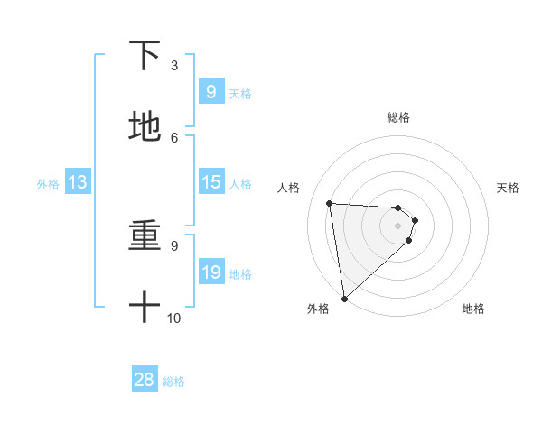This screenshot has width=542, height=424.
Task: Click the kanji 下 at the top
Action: tap(145, 57)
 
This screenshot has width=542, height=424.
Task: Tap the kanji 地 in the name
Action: tap(145, 127)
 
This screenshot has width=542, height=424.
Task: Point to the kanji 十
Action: tap(145, 308)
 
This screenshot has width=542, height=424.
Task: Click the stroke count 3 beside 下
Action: tap(174, 66)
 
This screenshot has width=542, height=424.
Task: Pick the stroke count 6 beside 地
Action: tap(174, 137)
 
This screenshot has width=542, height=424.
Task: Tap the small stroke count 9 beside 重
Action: tap(174, 245)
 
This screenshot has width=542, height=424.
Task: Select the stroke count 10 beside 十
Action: tap(174, 318)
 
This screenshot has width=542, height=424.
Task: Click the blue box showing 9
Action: tap(210, 92)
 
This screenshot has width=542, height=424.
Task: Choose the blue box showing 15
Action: tap(210, 182)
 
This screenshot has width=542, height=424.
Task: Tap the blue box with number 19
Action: tap(210, 272)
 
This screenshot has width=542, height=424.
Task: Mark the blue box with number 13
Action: tap(78, 182)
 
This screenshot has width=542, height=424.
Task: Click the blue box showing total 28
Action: tap(145, 380)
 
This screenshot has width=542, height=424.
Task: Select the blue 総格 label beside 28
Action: tap(173, 382)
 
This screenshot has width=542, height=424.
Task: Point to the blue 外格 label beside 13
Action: tap(48, 184)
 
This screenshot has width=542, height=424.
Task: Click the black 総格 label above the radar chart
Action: tap(398, 117)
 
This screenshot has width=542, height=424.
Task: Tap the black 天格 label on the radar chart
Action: tap(508, 188)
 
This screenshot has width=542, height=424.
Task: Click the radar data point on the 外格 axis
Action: tap(343, 298)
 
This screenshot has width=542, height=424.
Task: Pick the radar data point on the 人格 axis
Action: tap(330, 203)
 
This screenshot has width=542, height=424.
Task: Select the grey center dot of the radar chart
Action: tap(398, 226)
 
